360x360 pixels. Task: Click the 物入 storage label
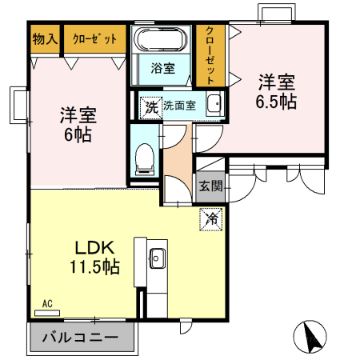coord(45,38)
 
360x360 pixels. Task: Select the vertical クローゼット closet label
coord(210,52)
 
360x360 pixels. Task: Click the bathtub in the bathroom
coord(161,40)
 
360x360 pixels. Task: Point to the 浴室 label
coord(163,69)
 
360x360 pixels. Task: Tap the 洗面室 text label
coord(181,105)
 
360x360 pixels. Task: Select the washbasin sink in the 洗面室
coord(213,105)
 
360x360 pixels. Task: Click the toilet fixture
coord(145,158)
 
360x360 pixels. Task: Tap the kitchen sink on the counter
coord(157,258)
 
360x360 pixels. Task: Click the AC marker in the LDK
coord(46,303)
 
